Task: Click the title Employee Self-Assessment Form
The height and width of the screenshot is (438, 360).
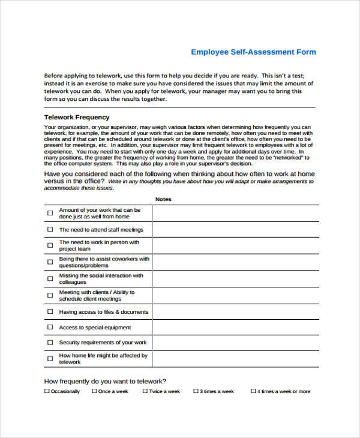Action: (x=253, y=52)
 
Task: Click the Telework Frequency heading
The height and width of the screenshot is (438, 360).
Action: (x=77, y=118)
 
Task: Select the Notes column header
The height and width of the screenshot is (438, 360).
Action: (x=163, y=199)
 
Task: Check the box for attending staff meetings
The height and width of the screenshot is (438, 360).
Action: (x=50, y=230)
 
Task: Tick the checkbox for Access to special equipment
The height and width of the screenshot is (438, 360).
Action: (x=50, y=328)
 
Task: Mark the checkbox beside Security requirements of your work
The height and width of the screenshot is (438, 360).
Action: (x=50, y=343)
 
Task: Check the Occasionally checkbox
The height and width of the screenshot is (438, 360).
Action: (x=47, y=391)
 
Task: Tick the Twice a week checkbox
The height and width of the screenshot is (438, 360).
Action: (x=145, y=391)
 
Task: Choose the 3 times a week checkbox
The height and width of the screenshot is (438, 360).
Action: (x=196, y=391)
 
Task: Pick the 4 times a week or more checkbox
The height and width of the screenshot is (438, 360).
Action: (x=253, y=391)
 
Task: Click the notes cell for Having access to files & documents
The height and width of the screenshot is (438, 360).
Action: (x=235, y=312)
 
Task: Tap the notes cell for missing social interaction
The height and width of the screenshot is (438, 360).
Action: (x=235, y=279)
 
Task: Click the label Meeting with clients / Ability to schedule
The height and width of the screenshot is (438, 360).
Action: (x=97, y=296)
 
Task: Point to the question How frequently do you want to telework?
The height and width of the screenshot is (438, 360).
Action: (x=105, y=381)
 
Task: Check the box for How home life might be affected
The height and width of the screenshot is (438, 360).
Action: (x=50, y=359)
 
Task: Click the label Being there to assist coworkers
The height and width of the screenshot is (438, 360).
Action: (x=103, y=262)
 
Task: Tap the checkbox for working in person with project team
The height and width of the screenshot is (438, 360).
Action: (x=50, y=246)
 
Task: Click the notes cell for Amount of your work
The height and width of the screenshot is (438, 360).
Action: (x=235, y=214)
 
